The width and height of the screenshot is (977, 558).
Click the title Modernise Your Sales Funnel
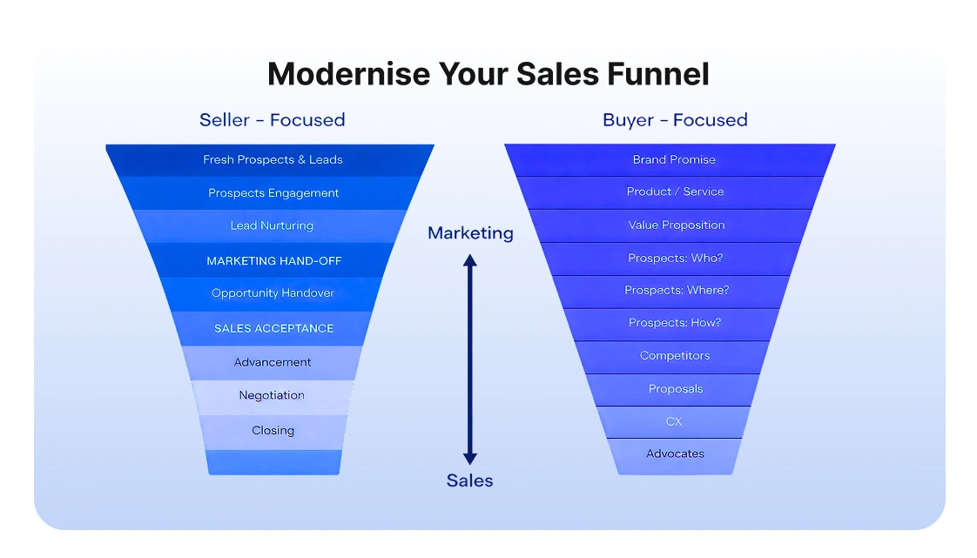click(x=488, y=74)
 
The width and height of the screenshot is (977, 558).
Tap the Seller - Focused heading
click(x=272, y=120)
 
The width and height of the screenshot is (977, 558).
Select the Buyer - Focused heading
click(x=675, y=120)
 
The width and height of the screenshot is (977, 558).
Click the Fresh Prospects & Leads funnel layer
click(x=273, y=160)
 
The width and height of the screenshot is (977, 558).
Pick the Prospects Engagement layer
click(x=273, y=193)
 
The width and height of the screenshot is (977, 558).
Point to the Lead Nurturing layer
click(x=272, y=226)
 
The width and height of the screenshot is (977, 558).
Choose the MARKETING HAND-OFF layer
click(x=273, y=261)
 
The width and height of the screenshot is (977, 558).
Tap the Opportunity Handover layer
click(x=273, y=293)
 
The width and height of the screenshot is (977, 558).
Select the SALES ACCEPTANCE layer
click(x=273, y=328)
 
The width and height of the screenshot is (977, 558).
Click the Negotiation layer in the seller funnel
click(x=272, y=395)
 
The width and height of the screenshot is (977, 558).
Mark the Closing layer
click(x=273, y=430)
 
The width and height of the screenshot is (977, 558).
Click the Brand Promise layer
click(x=674, y=160)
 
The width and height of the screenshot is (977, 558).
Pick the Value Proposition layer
click(x=677, y=225)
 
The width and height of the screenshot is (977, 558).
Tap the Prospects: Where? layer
click(x=677, y=291)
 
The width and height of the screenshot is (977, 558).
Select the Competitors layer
click(x=675, y=356)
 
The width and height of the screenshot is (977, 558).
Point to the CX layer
click(x=674, y=421)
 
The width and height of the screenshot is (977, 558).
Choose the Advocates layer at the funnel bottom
click(x=675, y=454)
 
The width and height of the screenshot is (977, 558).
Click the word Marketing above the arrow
click(x=470, y=233)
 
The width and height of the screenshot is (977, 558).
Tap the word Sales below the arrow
click(x=470, y=481)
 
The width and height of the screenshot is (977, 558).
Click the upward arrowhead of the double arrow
click(x=470, y=260)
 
